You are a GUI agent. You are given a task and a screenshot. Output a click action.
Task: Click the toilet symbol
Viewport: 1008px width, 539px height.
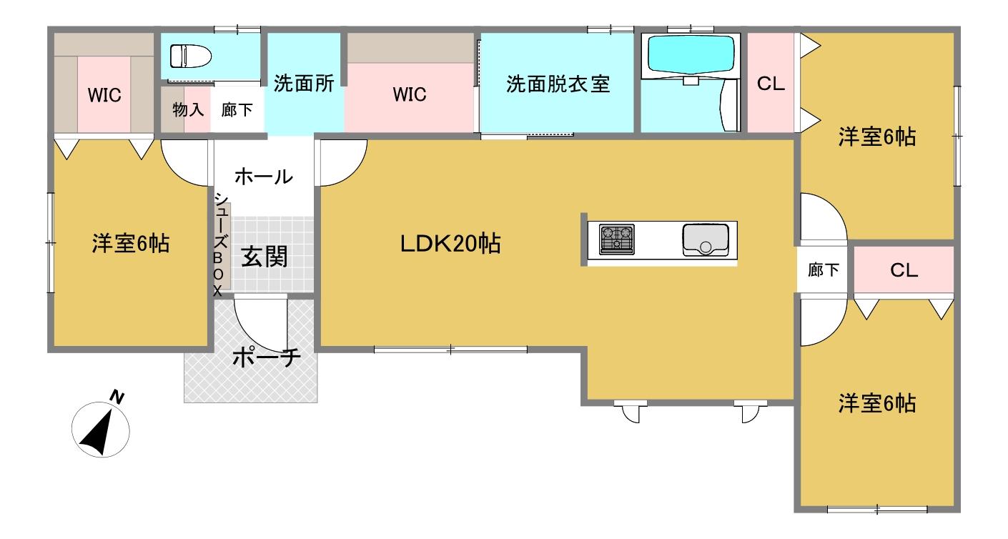190,56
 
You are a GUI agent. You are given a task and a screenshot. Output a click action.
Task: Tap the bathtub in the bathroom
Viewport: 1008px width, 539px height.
691,55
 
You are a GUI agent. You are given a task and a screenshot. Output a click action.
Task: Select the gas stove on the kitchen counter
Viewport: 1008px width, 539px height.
616,239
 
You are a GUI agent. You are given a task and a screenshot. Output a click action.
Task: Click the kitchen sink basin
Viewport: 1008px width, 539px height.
705,239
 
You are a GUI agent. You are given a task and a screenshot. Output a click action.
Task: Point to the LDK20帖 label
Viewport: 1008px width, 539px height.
450,243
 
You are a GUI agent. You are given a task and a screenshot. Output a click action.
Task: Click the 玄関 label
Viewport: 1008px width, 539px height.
264,257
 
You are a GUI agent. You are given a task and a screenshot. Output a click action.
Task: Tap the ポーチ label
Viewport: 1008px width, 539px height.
267,357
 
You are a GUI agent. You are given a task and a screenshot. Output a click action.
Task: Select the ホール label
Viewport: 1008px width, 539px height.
264,177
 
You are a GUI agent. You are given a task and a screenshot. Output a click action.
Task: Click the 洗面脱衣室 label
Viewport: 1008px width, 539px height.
558,84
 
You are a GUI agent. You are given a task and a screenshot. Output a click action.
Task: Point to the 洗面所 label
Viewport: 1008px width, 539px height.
304,83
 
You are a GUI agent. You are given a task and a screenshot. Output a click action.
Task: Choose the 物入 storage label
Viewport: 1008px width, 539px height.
188,109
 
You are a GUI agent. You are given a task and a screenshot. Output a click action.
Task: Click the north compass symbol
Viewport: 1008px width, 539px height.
101,430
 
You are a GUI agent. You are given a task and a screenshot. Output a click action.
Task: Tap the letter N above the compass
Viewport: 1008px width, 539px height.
117,397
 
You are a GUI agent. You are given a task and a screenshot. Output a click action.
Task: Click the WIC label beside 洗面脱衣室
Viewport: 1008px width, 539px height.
410,94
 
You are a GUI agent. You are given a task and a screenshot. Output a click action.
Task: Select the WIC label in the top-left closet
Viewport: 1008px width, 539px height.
104,95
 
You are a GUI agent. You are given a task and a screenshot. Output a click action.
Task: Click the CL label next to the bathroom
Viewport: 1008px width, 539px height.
771,84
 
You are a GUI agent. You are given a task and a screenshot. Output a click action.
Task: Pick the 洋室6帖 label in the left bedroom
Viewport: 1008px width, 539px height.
131,243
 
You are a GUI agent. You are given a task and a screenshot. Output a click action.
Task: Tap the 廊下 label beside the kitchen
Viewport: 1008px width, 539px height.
823,270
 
